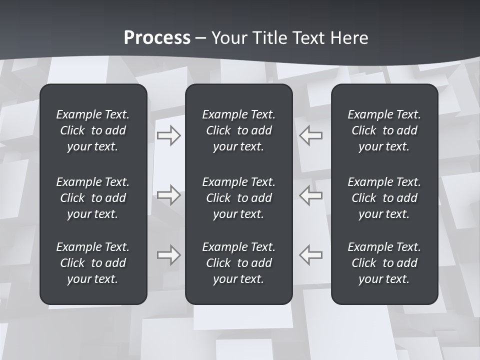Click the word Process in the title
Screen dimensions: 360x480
157,37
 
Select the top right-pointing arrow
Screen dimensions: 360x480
169,135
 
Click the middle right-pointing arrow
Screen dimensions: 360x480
169,195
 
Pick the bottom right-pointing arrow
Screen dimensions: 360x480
169,255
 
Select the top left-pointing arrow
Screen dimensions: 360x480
310,135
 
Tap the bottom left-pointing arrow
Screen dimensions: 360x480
310,255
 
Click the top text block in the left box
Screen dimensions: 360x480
93,130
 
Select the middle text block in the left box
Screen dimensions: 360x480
93,198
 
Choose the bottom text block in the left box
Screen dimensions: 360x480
93,263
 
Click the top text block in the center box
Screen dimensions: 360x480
239,130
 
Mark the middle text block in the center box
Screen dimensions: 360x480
239,198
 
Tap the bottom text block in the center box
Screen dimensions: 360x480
239,263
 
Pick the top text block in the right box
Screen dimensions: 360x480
384,130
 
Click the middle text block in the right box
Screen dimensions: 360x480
384,198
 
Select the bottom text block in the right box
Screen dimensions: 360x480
384,263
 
